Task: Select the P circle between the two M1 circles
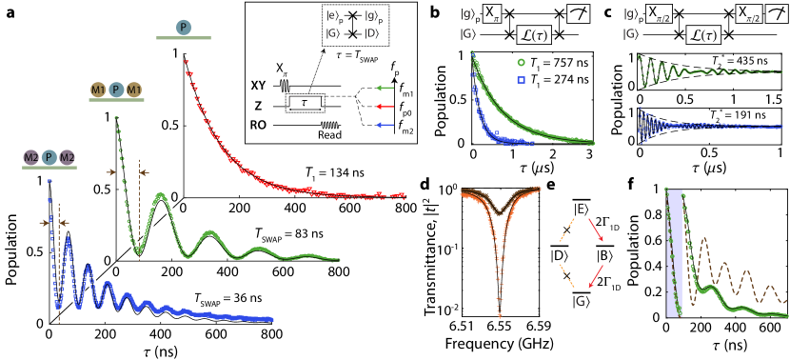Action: click(x=115, y=90)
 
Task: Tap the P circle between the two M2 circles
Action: click(x=49, y=157)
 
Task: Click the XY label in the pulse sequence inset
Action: click(x=258, y=85)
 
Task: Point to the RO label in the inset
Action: click(x=258, y=124)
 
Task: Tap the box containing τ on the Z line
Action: click(x=304, y=99)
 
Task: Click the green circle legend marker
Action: click(x=522, y=62)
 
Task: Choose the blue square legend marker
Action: click(x=522, y=79)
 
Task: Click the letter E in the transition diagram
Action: click(x=581, y=208)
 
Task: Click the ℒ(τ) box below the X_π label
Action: click(x=536, y=35)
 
